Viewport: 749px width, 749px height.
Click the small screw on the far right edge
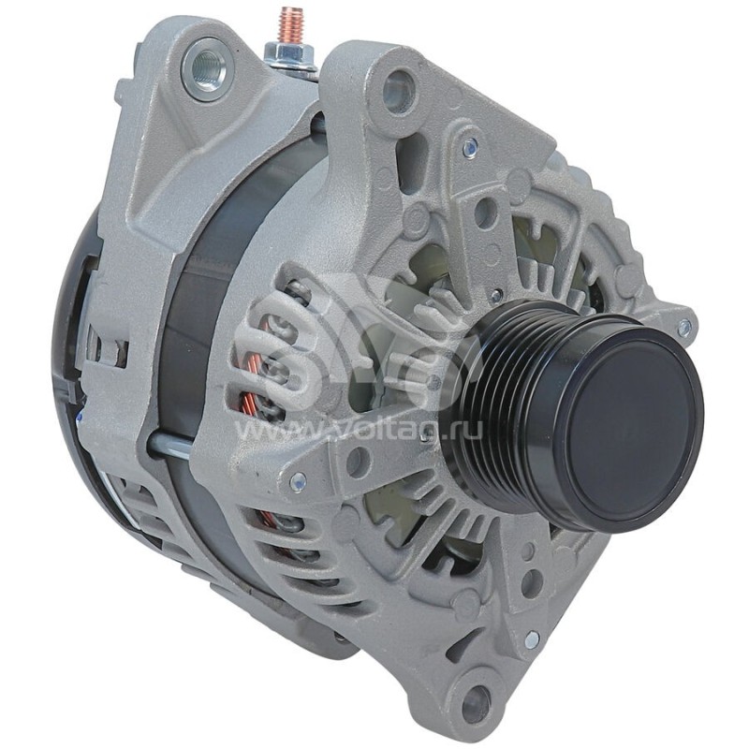tap(684, 327)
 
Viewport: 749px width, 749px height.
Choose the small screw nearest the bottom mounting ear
tap(531, 639)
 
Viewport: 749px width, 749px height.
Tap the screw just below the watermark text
tap(297, 482)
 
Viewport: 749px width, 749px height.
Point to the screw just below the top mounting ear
tap(470, 145)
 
